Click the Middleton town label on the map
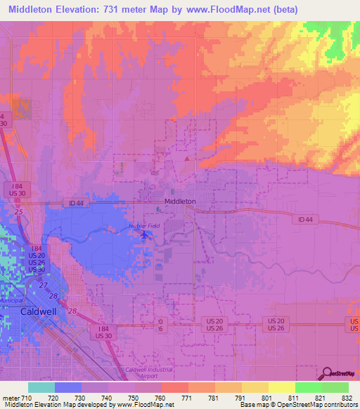[179, 200]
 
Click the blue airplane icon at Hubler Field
[146, 235]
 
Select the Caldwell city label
[39, 310]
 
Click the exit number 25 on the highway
[18, 212]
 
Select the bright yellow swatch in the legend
[281, 387]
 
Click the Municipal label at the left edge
[13, 300]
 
